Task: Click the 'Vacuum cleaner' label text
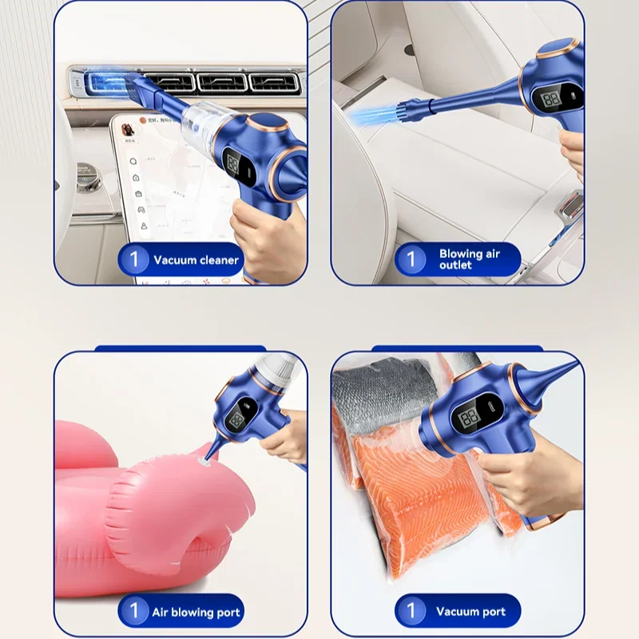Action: click(x=196, y=260)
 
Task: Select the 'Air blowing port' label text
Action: click(x=196, y=613)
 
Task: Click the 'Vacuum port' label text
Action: click(x=470, y=612)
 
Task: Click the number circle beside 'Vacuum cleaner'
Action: click(x=134, y=260)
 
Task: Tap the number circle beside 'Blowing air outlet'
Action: click(x=411, y=259)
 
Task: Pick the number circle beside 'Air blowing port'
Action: click(x=134, y=612)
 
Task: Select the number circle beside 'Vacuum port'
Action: click(x=411, y=612)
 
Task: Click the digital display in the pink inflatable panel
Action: click(x=237, y=420)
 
